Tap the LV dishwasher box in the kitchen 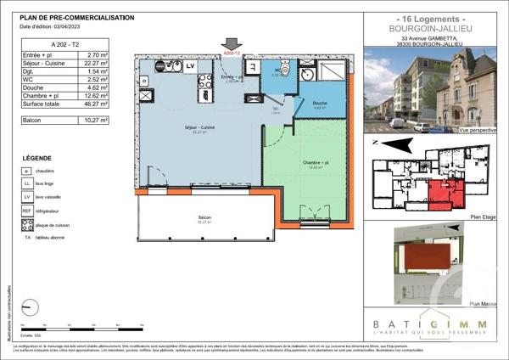coord(190,65)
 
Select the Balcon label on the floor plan coord(205,218)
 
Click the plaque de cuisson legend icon coord(29,225)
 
